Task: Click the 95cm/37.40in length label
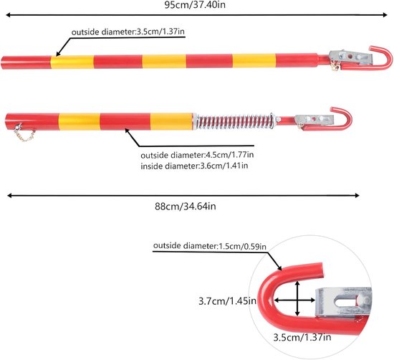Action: pos(195,5)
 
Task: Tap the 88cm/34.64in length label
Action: pos(186,207)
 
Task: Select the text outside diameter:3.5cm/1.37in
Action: pos(128,32)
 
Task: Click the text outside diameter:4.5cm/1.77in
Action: pos(197,155)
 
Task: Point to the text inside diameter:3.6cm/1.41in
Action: pos(194,166)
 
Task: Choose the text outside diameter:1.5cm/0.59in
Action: pos(210,246)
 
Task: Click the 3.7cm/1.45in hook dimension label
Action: pos(227,301)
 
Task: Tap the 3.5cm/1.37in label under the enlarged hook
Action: pos(302,337)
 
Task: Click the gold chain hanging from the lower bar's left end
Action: pos(24,133)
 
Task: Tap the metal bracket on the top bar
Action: pos(350,57)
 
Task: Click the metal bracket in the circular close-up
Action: pos(343,303)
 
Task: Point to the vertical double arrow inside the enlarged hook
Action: pos(297,298)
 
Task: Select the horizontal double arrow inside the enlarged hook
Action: pos(294,300)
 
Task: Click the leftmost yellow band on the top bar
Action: pos(72,62)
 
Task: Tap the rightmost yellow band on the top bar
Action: pos(254,61)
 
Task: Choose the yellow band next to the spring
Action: pos(172,121)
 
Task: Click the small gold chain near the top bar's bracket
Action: pos(336,65)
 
